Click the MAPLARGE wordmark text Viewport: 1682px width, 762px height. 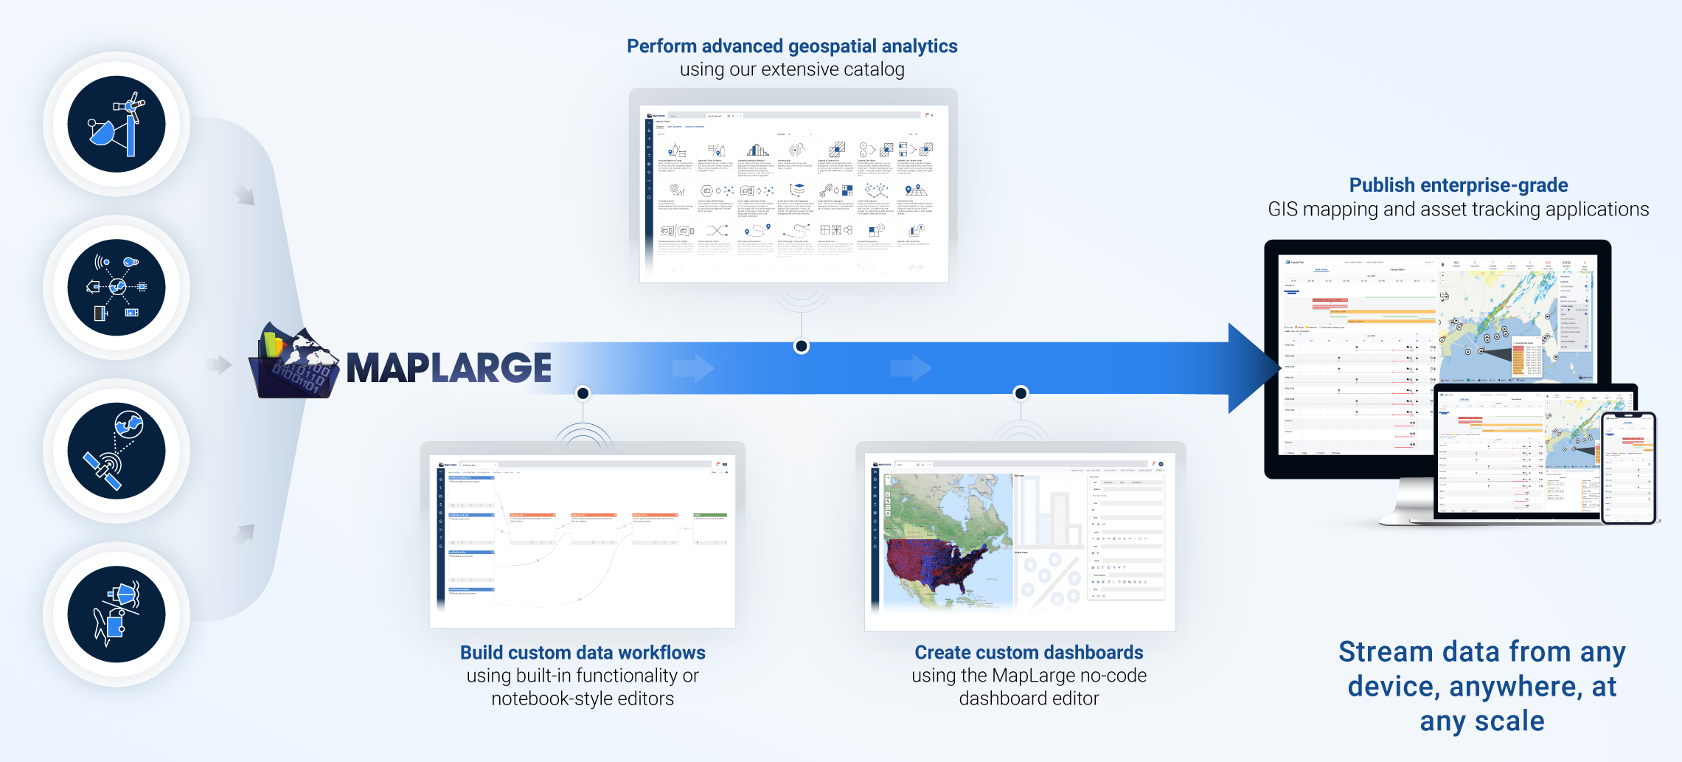tap(448, 368)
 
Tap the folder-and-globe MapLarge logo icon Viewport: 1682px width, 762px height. tap(295, 361)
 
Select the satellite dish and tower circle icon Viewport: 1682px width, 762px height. tap(117, 124)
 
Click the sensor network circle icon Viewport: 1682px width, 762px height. tap(117, 288)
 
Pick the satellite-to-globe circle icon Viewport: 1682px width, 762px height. tap(117, 451)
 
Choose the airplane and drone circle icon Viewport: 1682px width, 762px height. tap(117, 614)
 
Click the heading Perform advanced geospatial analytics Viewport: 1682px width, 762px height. tap(792, 46)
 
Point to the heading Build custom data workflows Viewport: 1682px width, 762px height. tap(583, 653)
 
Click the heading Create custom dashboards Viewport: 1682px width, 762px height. tap(1029, 653)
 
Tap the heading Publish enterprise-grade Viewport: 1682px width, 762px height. tap(1458, 185)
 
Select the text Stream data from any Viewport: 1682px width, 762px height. tap(1481, 652)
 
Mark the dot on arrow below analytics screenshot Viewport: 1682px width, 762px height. tap(802, 347)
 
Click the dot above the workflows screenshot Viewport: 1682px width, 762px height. tap(583, 393)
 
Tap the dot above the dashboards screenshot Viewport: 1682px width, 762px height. tap(1021, 393)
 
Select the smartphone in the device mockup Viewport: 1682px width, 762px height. tap(1629, 468)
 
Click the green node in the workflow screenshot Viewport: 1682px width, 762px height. tap(710, 515)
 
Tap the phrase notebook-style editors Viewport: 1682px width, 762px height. tap(583, 699)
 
